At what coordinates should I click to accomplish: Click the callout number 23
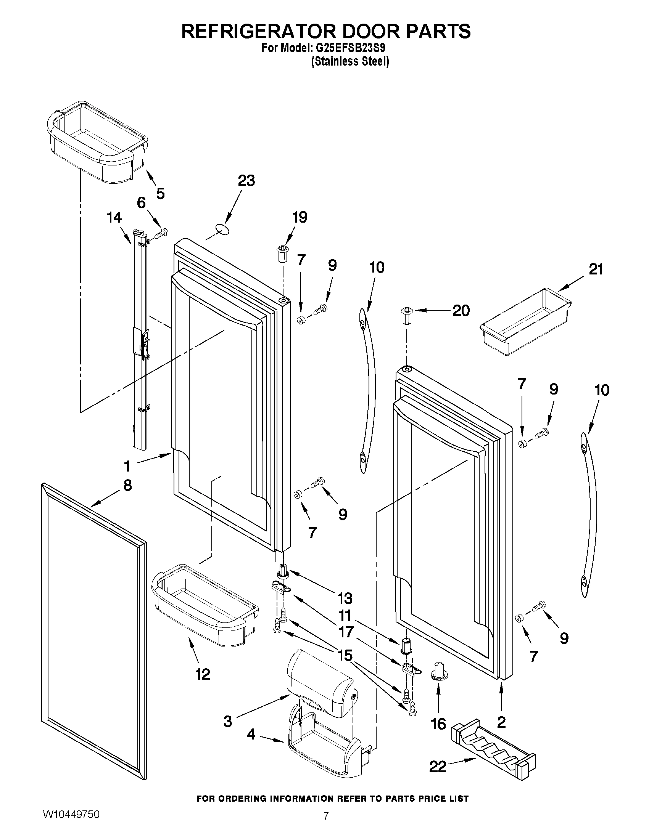coord(246,180)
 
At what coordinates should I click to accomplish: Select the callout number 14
coord(114,218)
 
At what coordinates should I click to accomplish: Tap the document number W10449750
coord(71,824)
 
